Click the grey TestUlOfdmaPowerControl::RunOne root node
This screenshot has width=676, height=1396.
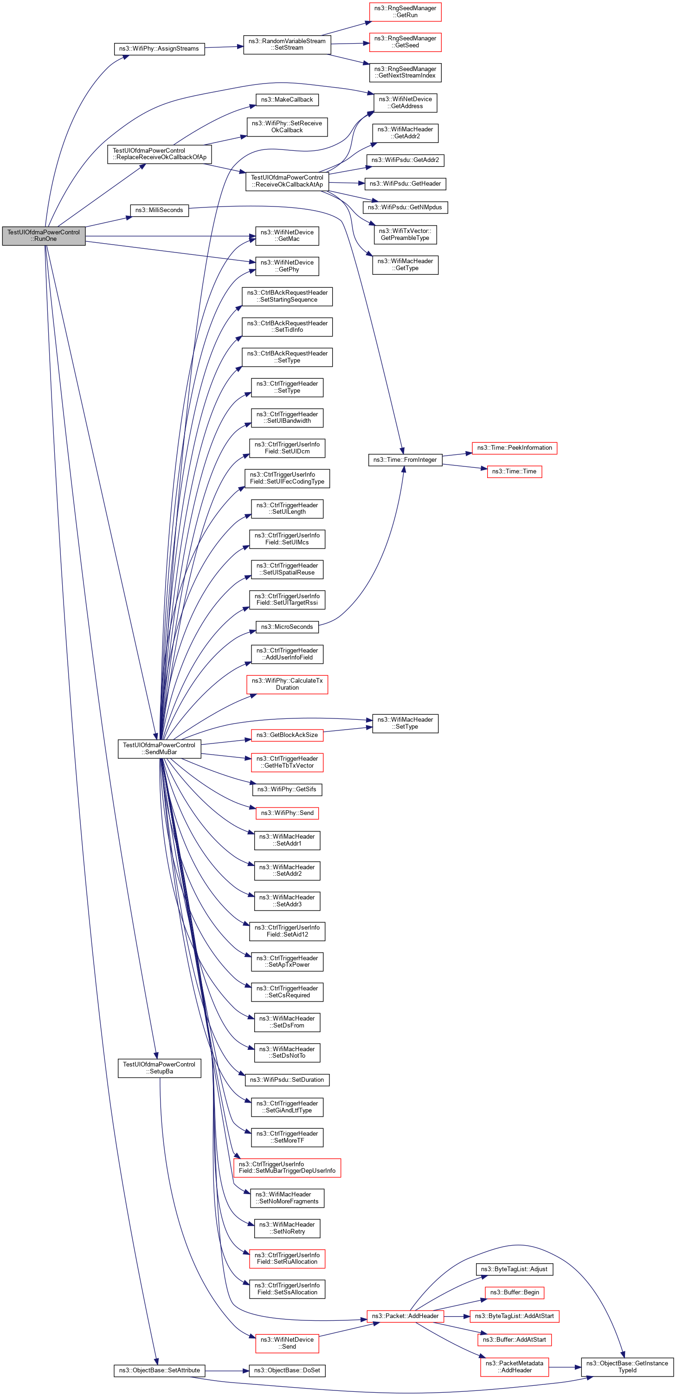click(43, 236)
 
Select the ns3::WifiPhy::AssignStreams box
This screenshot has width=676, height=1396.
click(159, 49)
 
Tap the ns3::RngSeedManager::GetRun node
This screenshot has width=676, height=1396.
click(405, 12)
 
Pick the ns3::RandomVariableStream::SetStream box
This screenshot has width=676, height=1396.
click(287, 45)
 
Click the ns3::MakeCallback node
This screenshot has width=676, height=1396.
click(287, 100)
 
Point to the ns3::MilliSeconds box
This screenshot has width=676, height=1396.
click(159, 210)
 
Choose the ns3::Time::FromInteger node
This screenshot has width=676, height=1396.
click(405, 459)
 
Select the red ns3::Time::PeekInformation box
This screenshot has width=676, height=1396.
click(514, 448)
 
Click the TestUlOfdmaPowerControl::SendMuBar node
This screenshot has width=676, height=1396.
click(159, 749)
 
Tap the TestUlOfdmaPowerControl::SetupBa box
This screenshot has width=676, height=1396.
click(159, 1067)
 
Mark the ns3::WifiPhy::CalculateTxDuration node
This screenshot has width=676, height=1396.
click(287, 684)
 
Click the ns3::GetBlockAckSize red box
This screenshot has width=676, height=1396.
click(287, 735)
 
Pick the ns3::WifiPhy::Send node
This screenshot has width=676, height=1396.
click(287, 813)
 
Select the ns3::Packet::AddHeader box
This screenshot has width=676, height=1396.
click(405, 1316)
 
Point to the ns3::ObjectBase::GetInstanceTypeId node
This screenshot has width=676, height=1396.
click(627, 1367)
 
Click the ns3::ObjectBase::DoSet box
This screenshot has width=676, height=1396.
click(287, 1370)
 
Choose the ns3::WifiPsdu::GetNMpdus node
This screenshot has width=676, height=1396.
click(405, 207)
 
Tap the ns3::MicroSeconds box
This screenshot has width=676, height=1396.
click(287, 627)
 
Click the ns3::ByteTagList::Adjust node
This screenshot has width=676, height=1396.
click(514, 1269)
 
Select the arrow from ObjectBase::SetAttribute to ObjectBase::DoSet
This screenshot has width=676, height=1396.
click(227, 1370)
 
